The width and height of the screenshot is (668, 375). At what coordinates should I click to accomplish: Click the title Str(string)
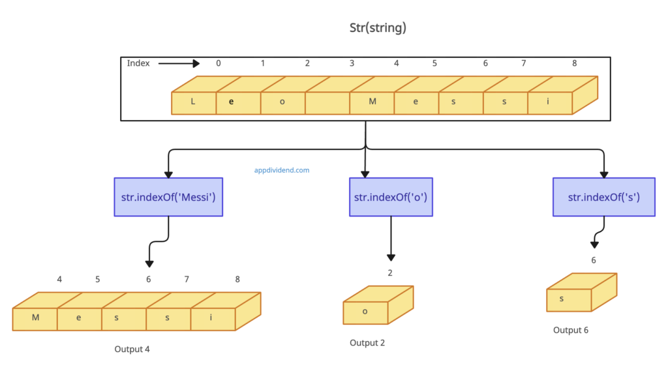[x=378, y=28]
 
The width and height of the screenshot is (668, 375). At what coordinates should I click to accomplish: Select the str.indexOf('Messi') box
[x=168, y=196]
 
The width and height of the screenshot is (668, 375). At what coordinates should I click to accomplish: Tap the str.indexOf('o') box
[x=391, y=196]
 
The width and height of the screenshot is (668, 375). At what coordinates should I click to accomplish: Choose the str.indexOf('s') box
[x=604, y=196]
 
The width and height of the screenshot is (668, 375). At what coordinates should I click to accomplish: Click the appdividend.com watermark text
[x=282, y=170]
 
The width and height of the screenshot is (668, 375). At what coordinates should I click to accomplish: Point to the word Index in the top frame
[x=138, y=63]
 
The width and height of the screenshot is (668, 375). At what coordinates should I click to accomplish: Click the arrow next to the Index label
[x=179, y=63]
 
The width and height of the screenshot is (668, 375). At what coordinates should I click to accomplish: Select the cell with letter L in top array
[x=193, y=103]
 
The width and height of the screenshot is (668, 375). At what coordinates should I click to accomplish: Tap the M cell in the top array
[x=372, y=103]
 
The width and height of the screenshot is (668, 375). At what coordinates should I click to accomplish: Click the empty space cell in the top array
[x=327, y=103]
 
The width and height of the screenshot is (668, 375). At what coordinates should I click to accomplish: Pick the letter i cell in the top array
[x=548, y=103]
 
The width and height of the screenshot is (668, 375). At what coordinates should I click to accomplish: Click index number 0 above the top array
[x=219, y=63]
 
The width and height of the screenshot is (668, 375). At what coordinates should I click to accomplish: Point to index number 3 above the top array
[x=352, y=63]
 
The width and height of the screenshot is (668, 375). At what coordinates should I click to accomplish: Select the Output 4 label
[x=132, y=349]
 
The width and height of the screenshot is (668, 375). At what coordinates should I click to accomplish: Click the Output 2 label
[x=367, y=342]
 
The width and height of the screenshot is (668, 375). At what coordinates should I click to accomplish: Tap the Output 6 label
[x=571, y=330]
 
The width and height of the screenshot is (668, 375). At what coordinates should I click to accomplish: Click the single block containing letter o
[x=365, y=311]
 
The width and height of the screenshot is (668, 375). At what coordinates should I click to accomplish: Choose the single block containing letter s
[x=568, y=299]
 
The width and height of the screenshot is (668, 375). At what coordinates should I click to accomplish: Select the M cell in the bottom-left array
[x=35, y=318]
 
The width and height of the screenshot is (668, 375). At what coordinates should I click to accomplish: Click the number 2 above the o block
[x=390, y=273]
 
